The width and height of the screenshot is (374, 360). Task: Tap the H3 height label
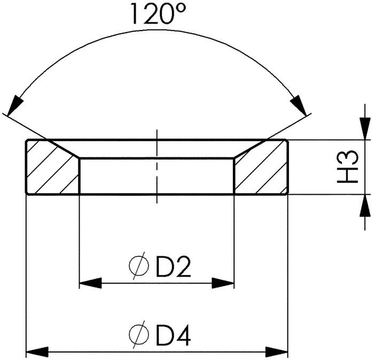348,167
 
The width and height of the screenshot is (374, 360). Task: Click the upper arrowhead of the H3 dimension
365,128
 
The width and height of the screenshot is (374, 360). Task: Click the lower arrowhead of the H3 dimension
365,205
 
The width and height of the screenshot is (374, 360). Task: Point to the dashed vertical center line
157,166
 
